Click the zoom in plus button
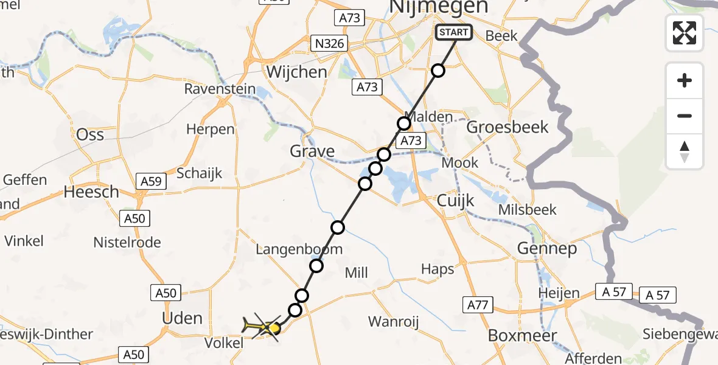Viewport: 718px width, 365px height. click(685, 80)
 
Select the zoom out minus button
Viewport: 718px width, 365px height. click(685, 116)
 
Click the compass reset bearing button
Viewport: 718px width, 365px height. click(685, 151)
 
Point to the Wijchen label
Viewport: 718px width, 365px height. click(296, 72)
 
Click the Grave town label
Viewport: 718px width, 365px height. click(312, 151)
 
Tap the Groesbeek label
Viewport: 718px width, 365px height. click(507, 127)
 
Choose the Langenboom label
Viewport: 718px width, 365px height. click(299, 249)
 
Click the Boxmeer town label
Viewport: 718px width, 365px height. click(514, 335)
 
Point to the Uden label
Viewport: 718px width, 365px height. click(183, 318)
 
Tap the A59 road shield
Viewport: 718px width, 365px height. click(152, 181)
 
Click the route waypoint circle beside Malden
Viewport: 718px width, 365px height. click(404, 124)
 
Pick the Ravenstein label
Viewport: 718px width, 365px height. click(220, 89)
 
